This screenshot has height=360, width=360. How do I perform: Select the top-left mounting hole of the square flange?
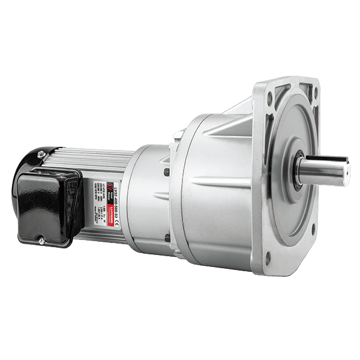pyautogui.click(x=268, y=94)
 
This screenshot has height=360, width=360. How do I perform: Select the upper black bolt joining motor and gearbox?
pyautogui.click(x=167, y=172)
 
